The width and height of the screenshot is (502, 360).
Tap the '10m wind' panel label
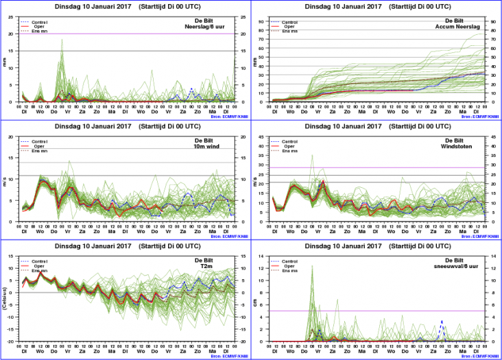click(217, 146)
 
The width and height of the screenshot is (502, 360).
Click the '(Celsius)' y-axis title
click(5, 298)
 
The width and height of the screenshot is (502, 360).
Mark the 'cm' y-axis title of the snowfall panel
click(257, 298)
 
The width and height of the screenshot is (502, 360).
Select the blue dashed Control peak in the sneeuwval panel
click(442, 321)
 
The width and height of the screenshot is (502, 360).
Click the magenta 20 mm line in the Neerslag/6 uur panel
click(123, 34)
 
